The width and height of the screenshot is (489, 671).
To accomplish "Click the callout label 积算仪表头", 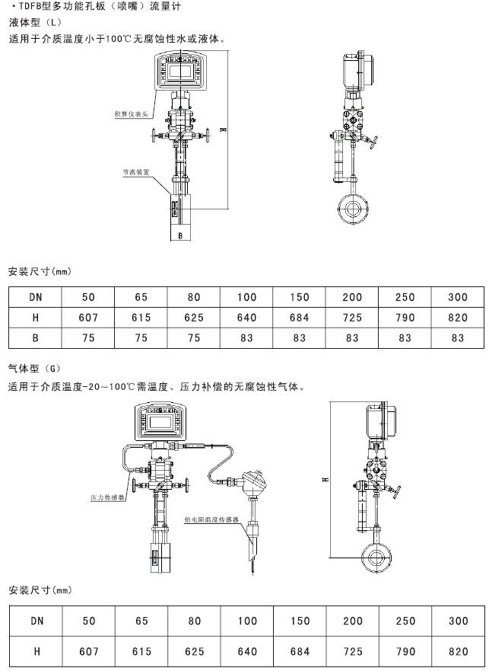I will click(130, 113).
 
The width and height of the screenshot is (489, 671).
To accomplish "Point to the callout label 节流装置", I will click(136, 172).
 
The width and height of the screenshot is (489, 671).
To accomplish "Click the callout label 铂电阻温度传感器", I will click(212, 517).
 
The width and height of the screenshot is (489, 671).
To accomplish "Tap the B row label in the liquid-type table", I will click(36, 338).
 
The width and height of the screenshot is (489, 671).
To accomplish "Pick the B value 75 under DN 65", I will click(141, 338).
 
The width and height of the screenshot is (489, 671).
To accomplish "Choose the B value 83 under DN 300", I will click(459, 338).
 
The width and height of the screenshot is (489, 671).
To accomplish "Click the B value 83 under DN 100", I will click(247, 338).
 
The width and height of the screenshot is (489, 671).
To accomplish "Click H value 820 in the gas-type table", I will click(459, 652).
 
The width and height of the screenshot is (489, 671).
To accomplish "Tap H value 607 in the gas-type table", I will click(89, 652).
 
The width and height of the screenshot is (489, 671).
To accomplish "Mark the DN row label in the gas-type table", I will click(36, 621).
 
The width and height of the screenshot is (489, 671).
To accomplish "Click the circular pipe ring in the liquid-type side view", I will click(351, 208).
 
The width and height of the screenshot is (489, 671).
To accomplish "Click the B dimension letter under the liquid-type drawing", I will click(179, 236).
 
